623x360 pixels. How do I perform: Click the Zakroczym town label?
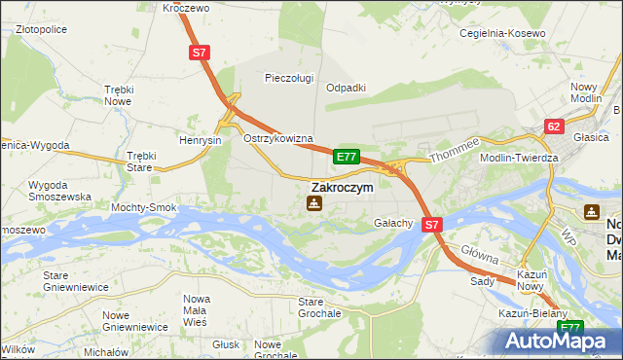342,187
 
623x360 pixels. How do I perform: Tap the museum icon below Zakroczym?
313,203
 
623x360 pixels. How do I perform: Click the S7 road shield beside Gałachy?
432,224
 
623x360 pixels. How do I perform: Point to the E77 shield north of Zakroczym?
347,156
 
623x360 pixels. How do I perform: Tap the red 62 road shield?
554,126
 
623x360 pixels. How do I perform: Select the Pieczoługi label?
290,78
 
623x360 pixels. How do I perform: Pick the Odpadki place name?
346,87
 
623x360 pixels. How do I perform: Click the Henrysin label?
201,140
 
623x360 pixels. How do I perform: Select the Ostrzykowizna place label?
277,138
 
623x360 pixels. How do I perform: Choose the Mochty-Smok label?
144,208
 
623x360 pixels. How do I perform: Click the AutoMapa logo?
559,341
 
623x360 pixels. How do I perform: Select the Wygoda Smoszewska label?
60,190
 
